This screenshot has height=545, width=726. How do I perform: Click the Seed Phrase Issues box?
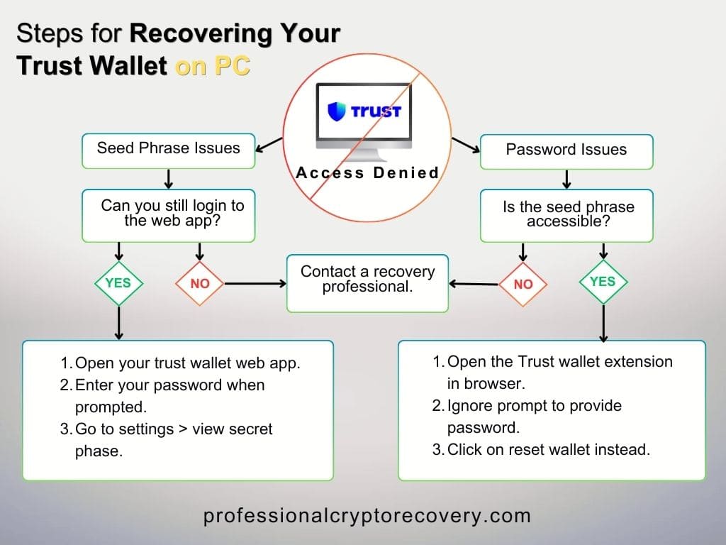coord(168,148)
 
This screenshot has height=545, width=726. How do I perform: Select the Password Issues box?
coord(566,150)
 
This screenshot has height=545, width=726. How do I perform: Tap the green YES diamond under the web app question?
coord(118,282)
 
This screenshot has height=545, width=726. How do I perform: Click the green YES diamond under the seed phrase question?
coord(603,282)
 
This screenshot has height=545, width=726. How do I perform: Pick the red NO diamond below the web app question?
coord(200,284)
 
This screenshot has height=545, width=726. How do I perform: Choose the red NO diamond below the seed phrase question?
coord(523,284)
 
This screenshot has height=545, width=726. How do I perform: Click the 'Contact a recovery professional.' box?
coord(367,280)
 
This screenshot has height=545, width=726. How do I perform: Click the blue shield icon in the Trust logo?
coord(336,111)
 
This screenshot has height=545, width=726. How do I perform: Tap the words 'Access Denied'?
coord(367,172)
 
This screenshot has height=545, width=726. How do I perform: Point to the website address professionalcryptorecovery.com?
coord(367,516)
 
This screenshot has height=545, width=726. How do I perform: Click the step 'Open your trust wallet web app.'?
coord(181,363)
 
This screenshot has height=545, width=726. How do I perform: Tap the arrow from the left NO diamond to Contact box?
coord(255,284)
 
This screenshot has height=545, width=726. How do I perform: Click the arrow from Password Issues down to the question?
coord(566,177)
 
